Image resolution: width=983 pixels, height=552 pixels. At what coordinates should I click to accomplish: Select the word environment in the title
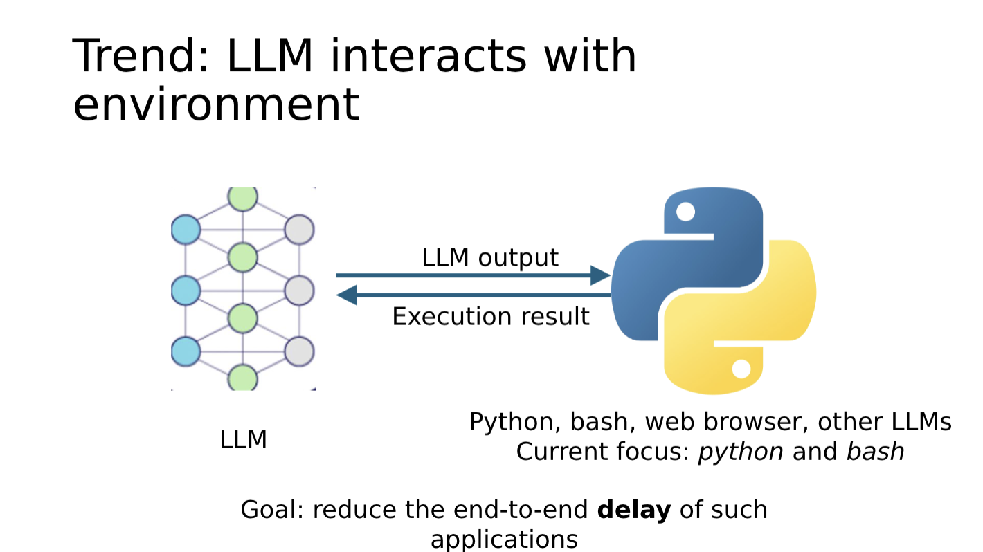[216, 104]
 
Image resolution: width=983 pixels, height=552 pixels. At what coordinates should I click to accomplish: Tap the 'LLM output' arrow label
[489, 257]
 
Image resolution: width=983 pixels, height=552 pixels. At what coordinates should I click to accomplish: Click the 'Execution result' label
[490, 317]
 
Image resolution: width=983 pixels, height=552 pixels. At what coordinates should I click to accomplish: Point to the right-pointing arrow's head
[600, 275]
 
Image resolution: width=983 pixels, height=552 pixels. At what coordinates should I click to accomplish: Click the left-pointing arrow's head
[346, 295]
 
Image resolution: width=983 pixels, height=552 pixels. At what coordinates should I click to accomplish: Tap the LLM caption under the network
[243, 440]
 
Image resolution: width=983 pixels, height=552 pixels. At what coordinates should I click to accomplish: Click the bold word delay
[633, 510]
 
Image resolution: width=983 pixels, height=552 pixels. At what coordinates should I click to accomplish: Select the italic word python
[740, 452]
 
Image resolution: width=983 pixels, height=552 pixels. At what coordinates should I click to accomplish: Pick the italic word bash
[875, 452]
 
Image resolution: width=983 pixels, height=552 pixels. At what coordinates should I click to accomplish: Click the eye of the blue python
[685, 212]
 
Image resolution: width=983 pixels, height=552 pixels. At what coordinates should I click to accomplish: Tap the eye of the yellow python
[741, 369]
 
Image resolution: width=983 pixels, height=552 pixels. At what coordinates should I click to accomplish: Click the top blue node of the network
[186, 230]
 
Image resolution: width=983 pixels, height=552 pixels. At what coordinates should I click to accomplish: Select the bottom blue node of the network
[186, 351]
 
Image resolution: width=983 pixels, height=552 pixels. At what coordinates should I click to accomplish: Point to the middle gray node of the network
[300, 290]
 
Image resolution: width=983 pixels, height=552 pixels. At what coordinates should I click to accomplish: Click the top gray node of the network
[300, 230]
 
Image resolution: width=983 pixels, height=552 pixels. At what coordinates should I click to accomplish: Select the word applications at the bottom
[503, 539]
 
